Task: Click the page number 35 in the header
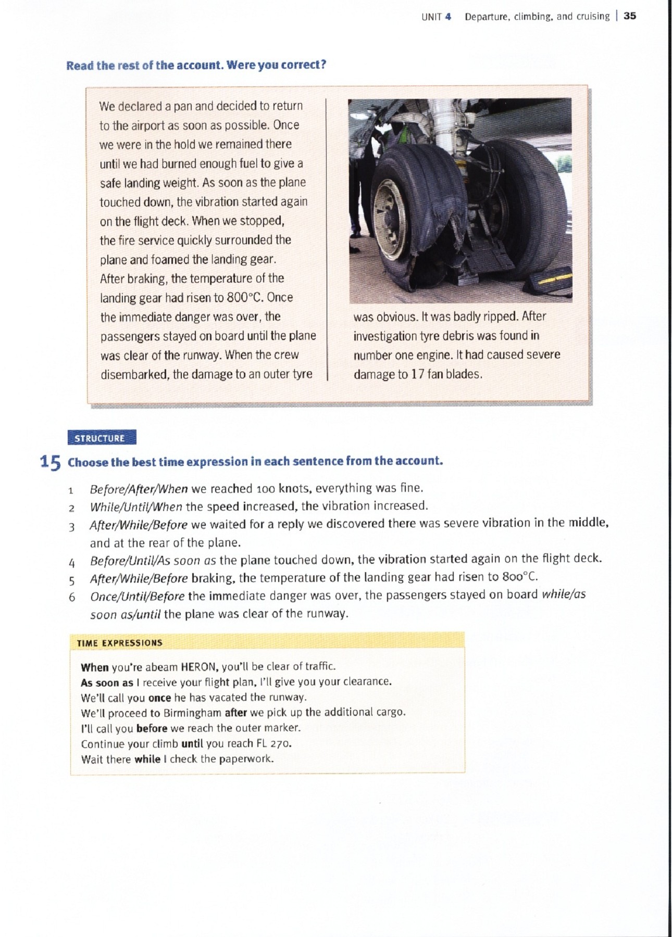point(629,16)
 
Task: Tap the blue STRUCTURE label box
point(102,438)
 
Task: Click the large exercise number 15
point(50,462)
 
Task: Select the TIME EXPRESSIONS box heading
point(119,643)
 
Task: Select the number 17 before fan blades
point(417,374)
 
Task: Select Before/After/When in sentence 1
point(139,489)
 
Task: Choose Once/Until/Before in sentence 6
point(137,596)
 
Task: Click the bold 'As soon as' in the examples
point(107,682)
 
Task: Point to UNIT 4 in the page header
point(435,16)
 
